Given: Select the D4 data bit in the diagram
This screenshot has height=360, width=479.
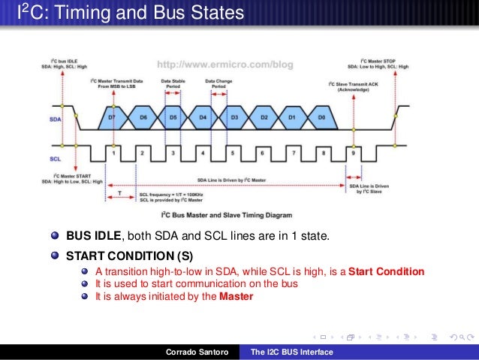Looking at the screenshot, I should point(203,118).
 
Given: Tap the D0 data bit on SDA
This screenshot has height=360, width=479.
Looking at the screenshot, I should point(321,118).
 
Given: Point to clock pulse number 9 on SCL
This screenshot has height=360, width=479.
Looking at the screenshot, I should point(354,153).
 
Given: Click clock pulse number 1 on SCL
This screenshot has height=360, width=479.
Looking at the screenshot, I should point(113,153).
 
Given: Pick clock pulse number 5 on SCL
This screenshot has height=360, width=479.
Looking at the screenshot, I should point(233,153).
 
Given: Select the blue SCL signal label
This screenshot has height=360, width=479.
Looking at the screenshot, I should point(56,159).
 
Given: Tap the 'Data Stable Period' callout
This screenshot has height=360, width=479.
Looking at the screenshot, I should point(173,83).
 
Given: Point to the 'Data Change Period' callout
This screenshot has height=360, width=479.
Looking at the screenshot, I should point(218,83).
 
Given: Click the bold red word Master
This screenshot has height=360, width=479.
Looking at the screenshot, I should point(236,296).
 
